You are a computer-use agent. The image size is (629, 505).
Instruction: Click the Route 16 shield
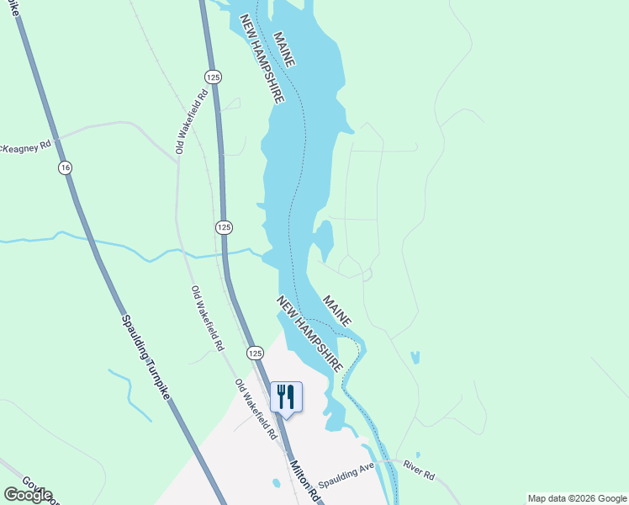pos(66,168)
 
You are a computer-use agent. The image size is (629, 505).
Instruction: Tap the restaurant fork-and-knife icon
pos(286,396)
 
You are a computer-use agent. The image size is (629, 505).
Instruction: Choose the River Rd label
pos(418,470)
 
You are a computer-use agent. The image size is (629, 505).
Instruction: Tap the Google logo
pos(27,495)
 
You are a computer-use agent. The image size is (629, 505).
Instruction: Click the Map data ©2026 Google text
pos(578,498)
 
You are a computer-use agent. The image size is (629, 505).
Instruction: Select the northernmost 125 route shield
pos(215,75)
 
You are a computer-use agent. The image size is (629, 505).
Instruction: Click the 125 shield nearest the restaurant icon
pos(253,353)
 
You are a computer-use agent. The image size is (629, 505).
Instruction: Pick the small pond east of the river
pos(415,358)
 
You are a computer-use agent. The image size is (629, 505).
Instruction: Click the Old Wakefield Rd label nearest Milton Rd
pos(256,410)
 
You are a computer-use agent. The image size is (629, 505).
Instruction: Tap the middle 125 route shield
pos(224,227)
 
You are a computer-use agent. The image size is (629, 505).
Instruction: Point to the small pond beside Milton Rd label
pos(276,483)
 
